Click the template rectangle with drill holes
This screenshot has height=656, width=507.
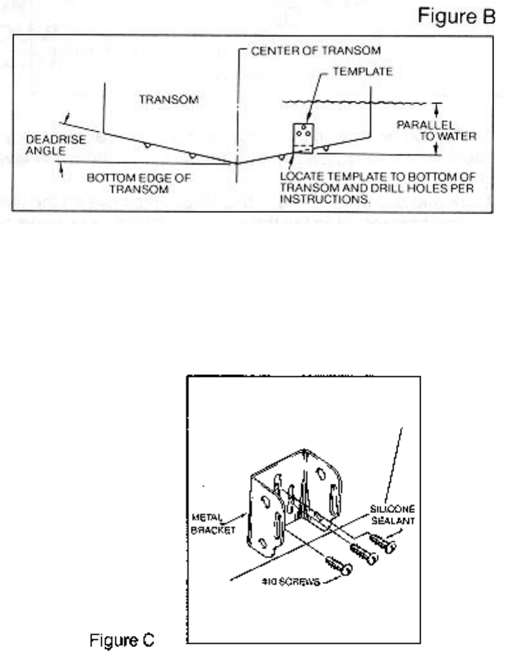(303, 138)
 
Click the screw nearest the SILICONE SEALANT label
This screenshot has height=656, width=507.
(384, 542)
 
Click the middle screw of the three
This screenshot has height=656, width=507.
(363, 553)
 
